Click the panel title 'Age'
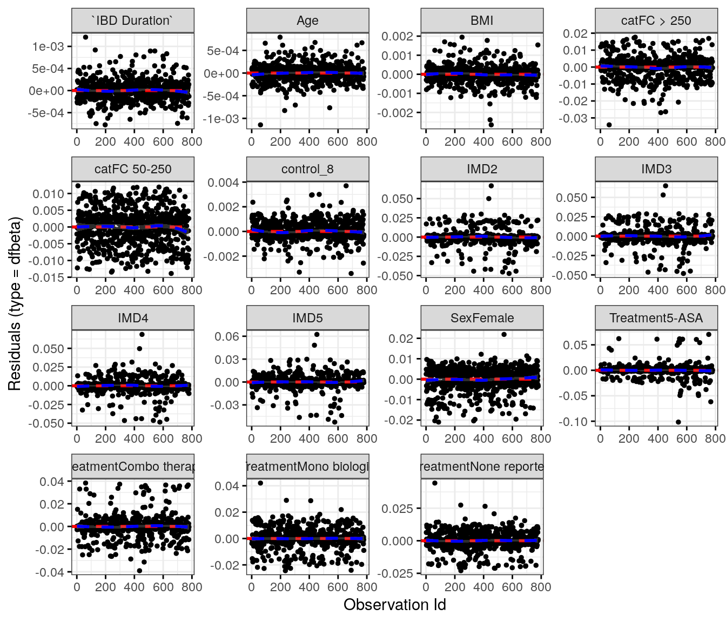[x=307, y=21]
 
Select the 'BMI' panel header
[x=482, y=21]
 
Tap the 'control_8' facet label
[x=307, y=169]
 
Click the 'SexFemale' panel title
[x=482, y=318]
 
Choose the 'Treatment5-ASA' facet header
[x=656, y=318]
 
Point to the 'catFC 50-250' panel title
[x=133, y=169]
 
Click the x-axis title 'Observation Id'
[x=395, y=605]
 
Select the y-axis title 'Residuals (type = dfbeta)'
[x=15, y=304]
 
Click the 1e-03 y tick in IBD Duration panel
[x=48, y=46]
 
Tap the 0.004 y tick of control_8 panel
[x=223, y=182]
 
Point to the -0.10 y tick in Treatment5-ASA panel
[x=576, y=421]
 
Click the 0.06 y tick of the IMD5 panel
[x=227, y=336]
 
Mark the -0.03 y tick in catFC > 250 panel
[x=575, y=118]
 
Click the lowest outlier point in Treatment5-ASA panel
[x=678, y=422]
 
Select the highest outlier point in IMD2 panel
[x=491, y=186]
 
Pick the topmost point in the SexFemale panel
[x=504, y=334]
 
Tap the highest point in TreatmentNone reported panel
[x=435, y=483]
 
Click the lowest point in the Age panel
[x=260, y=125]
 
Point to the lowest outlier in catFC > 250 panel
[x=609, y=125]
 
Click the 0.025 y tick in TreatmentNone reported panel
[x=397, y=509]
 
